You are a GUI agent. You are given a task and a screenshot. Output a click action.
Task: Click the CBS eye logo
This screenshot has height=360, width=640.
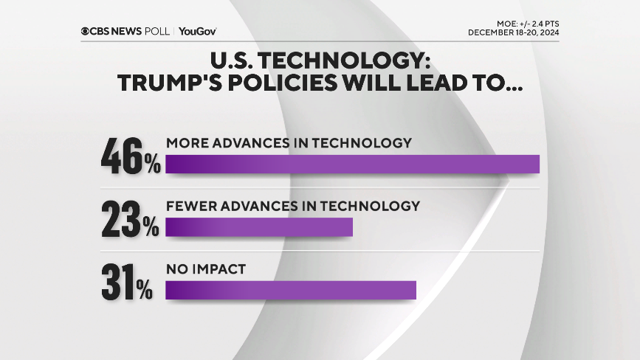(x=86, y=31)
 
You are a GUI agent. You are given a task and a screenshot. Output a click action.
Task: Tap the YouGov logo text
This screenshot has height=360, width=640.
(x=197, y=31)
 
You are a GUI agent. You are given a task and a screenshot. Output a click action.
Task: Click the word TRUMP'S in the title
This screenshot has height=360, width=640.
(x=171, y=84)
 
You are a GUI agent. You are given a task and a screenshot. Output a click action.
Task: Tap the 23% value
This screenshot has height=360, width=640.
(x=131, y=219)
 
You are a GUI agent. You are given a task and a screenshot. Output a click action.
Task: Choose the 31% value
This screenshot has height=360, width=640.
(x=128, y=282)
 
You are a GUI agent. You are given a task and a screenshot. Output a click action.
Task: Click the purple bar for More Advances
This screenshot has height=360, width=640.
(x=352, y=165)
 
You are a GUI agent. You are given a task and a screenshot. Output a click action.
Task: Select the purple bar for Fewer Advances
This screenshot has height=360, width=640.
(x=259, y=228)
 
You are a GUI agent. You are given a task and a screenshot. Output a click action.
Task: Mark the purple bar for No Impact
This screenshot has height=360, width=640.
(x=291, y=291)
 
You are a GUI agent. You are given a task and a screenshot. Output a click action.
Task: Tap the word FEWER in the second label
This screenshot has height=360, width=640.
(x=188, y=206)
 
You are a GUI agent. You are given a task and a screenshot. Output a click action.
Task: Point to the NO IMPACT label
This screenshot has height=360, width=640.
(x=205, y=269)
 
